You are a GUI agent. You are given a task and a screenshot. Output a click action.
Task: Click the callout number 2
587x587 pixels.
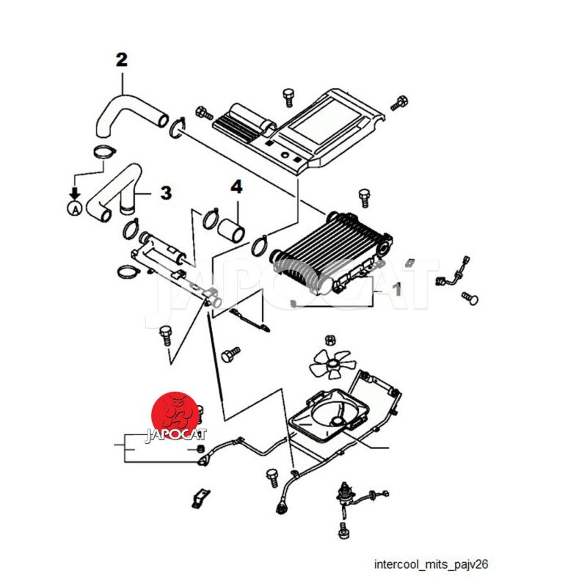coord(122,59)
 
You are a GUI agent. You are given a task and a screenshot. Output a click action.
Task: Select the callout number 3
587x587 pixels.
coord(166,193)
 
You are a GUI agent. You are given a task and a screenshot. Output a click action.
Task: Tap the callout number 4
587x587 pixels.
coord(236,187)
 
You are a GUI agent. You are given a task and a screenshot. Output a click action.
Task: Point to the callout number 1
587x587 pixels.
coord(396,289)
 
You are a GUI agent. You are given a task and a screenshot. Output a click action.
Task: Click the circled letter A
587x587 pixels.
coord(73,208)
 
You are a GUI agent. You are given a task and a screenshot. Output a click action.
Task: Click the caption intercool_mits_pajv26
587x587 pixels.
coord(431,565)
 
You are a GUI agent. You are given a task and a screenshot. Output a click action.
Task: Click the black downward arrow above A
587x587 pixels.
coord(73,192)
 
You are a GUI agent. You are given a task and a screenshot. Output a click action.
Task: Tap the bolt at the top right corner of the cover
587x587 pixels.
coord(400,103)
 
